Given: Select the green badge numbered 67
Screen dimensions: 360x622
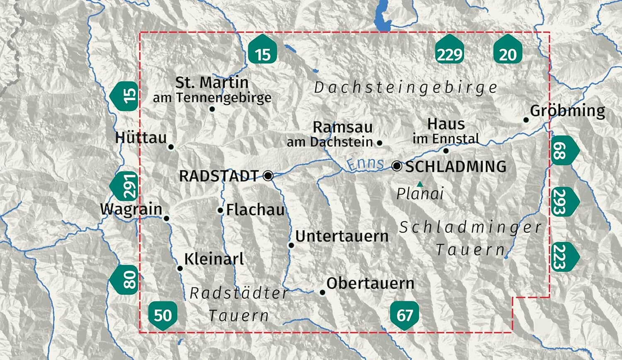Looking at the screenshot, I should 404,316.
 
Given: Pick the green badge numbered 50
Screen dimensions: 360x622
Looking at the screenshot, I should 163,316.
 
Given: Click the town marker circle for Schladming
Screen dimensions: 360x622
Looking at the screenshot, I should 397,166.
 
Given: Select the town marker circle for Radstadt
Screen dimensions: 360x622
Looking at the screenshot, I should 268,176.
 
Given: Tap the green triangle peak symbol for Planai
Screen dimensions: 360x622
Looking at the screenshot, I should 420,184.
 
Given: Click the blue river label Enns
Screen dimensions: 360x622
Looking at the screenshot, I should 365,164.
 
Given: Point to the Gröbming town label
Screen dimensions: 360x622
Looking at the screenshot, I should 567,111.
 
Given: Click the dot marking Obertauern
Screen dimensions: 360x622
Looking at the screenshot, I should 323,292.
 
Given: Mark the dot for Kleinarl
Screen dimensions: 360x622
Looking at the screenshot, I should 180,268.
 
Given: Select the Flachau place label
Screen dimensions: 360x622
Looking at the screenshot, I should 255,210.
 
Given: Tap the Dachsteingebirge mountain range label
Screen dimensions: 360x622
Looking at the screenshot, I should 406,88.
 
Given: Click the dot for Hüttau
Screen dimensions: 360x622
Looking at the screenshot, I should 171,147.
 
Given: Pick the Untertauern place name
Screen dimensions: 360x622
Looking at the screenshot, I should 342,236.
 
